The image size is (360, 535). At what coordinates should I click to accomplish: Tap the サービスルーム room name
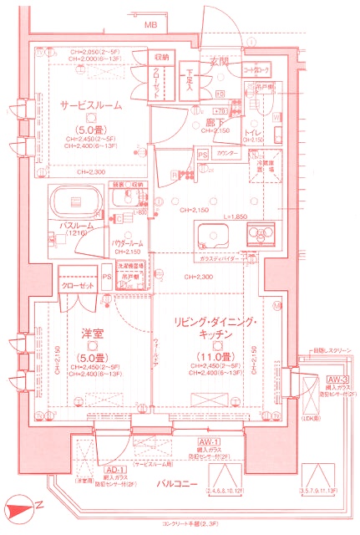(x=91, y=106)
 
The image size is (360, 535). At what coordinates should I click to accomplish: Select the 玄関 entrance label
(x=219, y=61)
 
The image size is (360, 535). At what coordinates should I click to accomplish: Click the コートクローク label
(x=256, y=70)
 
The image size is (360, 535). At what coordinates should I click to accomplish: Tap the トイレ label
(x=256, y=133)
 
